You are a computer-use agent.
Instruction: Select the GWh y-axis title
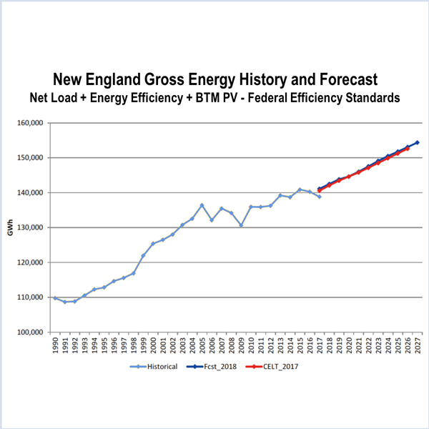click(x=9, y=228)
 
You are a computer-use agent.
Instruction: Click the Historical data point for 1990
click(x=55, y=298)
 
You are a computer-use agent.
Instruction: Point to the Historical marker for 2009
click(x=241, y=225)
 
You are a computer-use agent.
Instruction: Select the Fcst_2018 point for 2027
click(x=418, y=142)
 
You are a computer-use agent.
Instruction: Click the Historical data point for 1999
click(x=143, y=256)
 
